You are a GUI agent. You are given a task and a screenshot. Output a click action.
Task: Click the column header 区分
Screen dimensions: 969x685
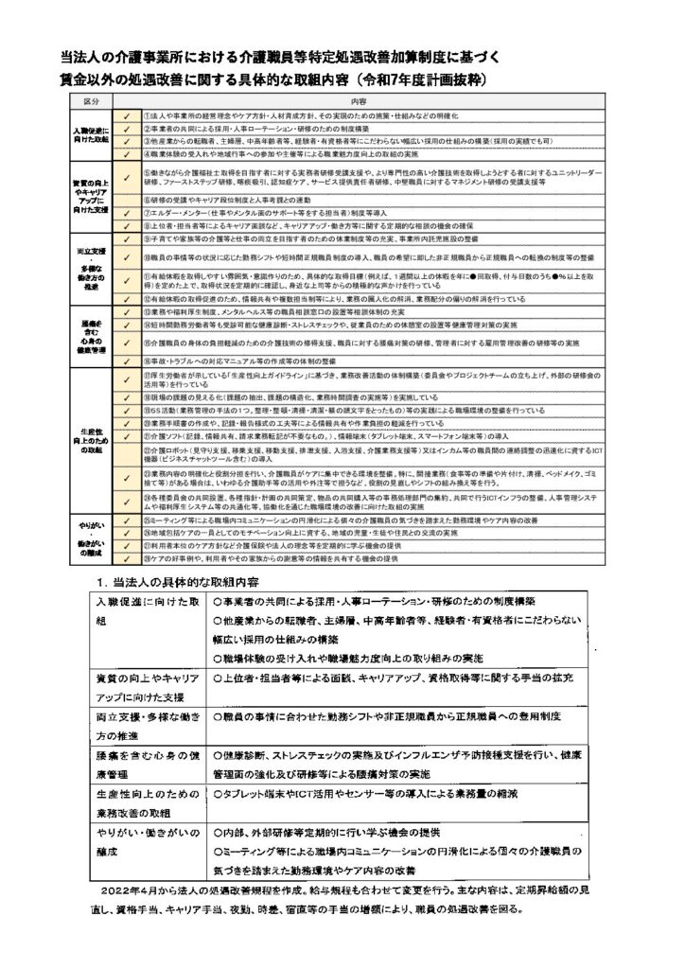pos(91,99)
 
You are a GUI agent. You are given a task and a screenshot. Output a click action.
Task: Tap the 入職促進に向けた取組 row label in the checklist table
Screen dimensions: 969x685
pos(92,133)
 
